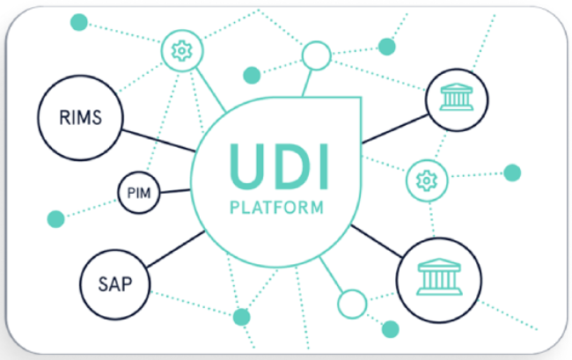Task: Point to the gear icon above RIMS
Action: (182, 51)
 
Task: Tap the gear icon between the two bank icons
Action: (425, 180)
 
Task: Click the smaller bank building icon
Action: (455, 99)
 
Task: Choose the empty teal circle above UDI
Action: (316, 56)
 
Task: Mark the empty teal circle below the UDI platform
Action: (352, 304)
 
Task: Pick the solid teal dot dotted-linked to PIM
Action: (55, 217)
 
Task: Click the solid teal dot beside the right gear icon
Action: (511, 172)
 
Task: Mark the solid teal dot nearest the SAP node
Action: (240, 316)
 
